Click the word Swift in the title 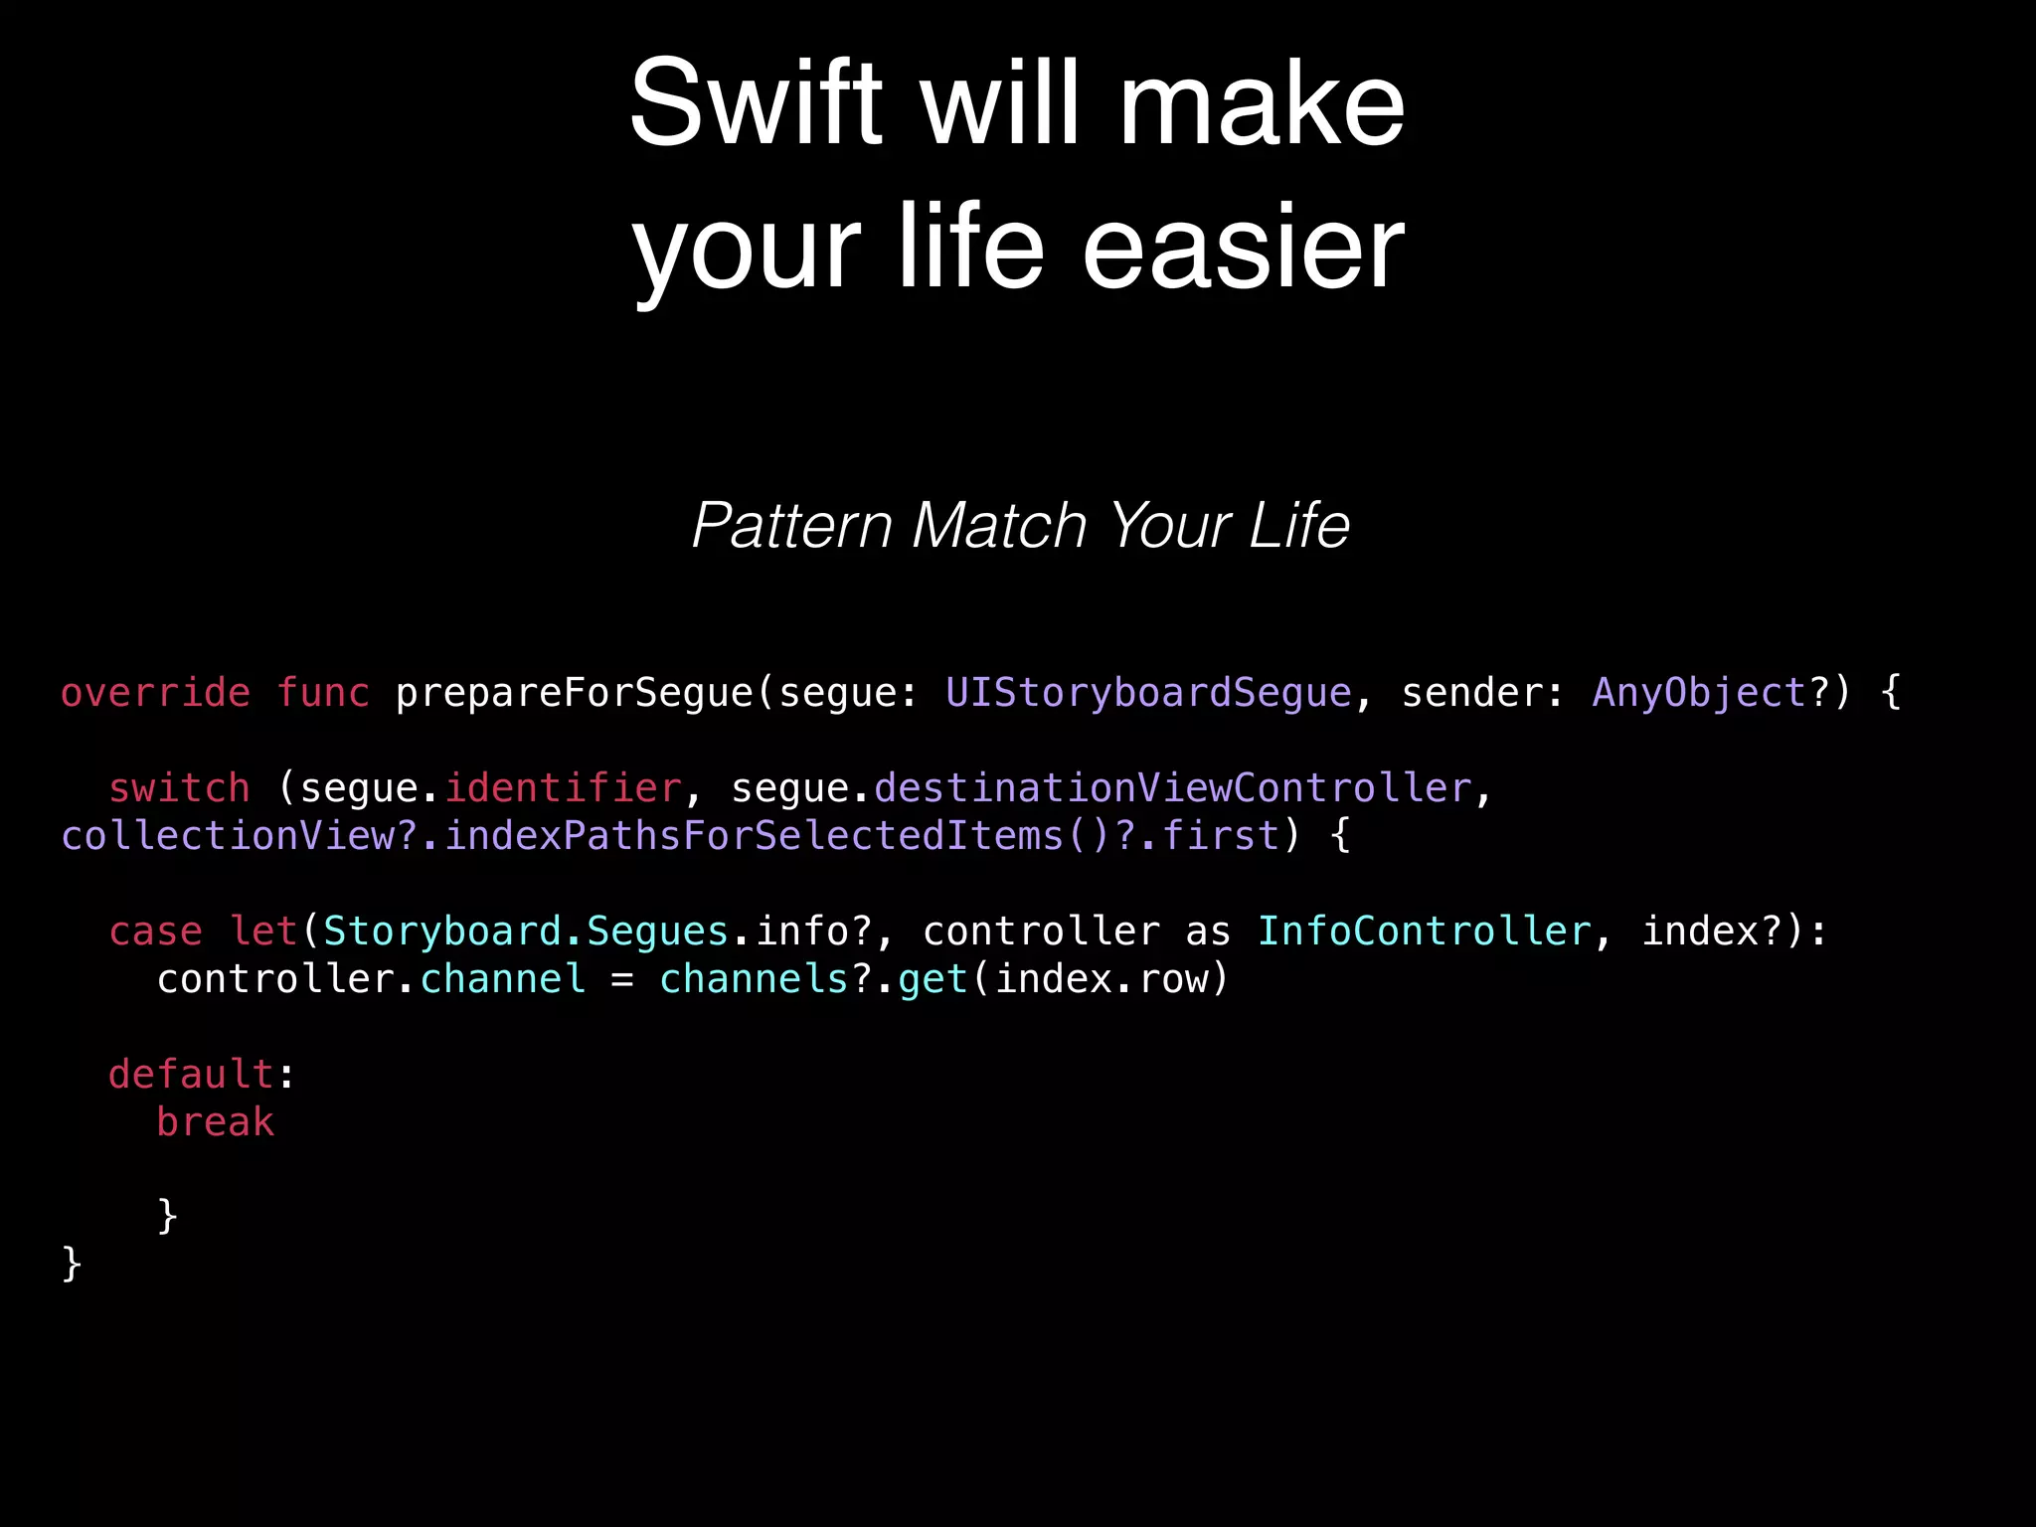tap(756, 103)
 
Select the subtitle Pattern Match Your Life tap(1020, 525)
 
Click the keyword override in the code tap(155, 693)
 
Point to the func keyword tap(323, 693)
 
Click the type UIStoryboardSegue tap(1148, 693)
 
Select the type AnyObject tap(1699, 693)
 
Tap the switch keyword tap(179, 788)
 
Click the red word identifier tap(563, 788)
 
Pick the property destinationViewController tap(1172, 788)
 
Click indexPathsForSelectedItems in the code tap(754, 836)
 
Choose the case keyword tap(155, 932)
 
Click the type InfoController tap(1424, 932)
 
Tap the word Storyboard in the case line tap(442, 932)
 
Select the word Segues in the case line tap(657, 932)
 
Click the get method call tap(933, 979)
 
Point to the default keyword tap(191, 1075)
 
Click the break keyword tap(215, 1122)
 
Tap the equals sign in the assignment tap(622, 980)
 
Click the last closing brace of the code tap(72, 1265)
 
